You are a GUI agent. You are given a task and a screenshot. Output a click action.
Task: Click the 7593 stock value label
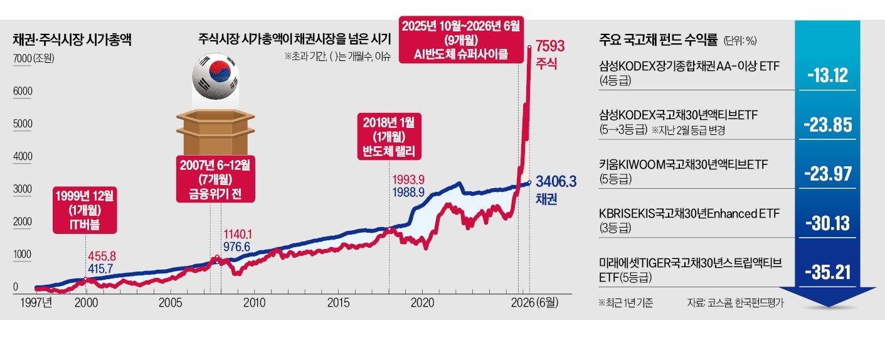tap(549, 46)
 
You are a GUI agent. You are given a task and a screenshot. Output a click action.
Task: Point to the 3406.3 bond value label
tap(556, 182)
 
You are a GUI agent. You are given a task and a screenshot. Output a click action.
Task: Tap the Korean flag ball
tap(215, 77)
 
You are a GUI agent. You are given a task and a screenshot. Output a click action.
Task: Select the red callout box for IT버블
tap(85, 210)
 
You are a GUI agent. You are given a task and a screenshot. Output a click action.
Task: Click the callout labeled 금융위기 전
tap(215, 179)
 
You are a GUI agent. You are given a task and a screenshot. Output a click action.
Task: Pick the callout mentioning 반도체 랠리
tap(389, 137)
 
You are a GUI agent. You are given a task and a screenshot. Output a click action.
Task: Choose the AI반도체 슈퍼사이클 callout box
tap(461, 40)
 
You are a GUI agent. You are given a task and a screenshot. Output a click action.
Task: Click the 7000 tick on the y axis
tap(22, 58)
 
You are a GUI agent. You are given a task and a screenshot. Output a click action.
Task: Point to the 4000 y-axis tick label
tap(23, 157)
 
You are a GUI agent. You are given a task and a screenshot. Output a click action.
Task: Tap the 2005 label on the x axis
tap(170, 303)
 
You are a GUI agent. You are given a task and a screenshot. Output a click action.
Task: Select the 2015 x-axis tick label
tap(338, 303)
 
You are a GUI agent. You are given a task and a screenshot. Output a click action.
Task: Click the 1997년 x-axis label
tap(36, 303)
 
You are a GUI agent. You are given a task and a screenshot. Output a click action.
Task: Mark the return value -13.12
tap(828, 75)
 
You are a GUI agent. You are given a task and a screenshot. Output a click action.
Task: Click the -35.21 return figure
tap(828, 272)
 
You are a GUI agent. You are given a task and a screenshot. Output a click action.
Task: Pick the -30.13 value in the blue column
tap(828, 223)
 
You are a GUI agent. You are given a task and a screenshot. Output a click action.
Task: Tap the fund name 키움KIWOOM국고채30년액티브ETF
tap(683, 164)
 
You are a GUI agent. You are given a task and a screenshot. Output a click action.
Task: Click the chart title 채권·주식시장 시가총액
tap(72, 40)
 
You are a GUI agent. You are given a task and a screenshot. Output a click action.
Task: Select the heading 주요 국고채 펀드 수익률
tap(658, 40)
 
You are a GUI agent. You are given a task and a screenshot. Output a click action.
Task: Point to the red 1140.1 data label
tap(238, 235)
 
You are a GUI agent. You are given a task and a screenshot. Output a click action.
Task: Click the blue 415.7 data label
tap(100, 268)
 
